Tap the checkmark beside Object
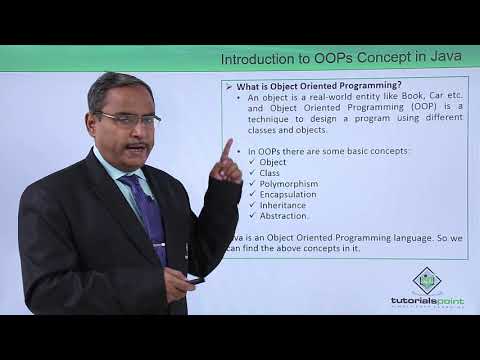(x=251, y=161)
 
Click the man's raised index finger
(x=227, y=148)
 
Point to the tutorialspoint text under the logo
(x=427, y=299)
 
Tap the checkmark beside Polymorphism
(x=251, y=183)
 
